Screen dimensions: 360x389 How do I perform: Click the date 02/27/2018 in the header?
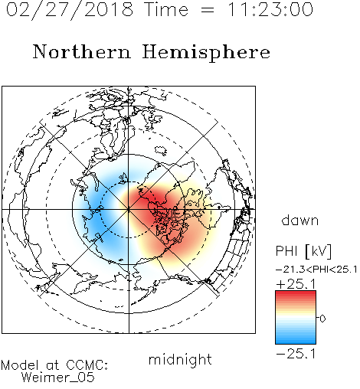pyautogui.click(x=70, y=10)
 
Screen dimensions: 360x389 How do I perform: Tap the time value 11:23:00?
pyautogui.click(x=270, y=9)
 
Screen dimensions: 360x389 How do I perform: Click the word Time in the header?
pyautogui.click(x=166, y=9)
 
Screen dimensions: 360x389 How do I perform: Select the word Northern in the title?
pyautogui.click(x=82, y=51)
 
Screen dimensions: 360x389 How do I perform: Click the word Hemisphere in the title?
pyautogui.click(x=206, y=53)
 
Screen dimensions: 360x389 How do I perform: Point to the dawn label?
pyautogui.click(x=300, y=220)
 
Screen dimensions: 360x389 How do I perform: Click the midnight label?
pyautogui.click(x=180, y=360)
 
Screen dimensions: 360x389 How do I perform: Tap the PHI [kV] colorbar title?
pyautogui.click(x=303, y=251)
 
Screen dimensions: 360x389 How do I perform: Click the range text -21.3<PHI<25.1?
pyautogui.click(x=316, y=270)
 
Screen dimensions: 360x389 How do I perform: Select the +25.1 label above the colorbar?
pyautogui.click(x=296, y=284)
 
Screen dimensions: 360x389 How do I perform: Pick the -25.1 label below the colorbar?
pyautogui.click(x=296, y=354)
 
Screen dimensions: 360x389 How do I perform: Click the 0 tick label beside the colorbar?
pyautogui.click(x=322, y=319)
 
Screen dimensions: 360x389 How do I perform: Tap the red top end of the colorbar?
pyautogui.click(x=296, y=293)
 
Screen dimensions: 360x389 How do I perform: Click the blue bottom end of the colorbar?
pyautogui.click(x=296, y=342)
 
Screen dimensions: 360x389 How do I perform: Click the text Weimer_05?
pyautogui.click(x=58, y=378)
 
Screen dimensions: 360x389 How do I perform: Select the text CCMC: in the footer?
pyautogui.click(x=87, y=365)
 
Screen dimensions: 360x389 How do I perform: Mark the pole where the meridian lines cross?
pyautogui.click(x=129, y=209)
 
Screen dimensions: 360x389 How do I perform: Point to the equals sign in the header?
pyautogui.click(x=208, y=10)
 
